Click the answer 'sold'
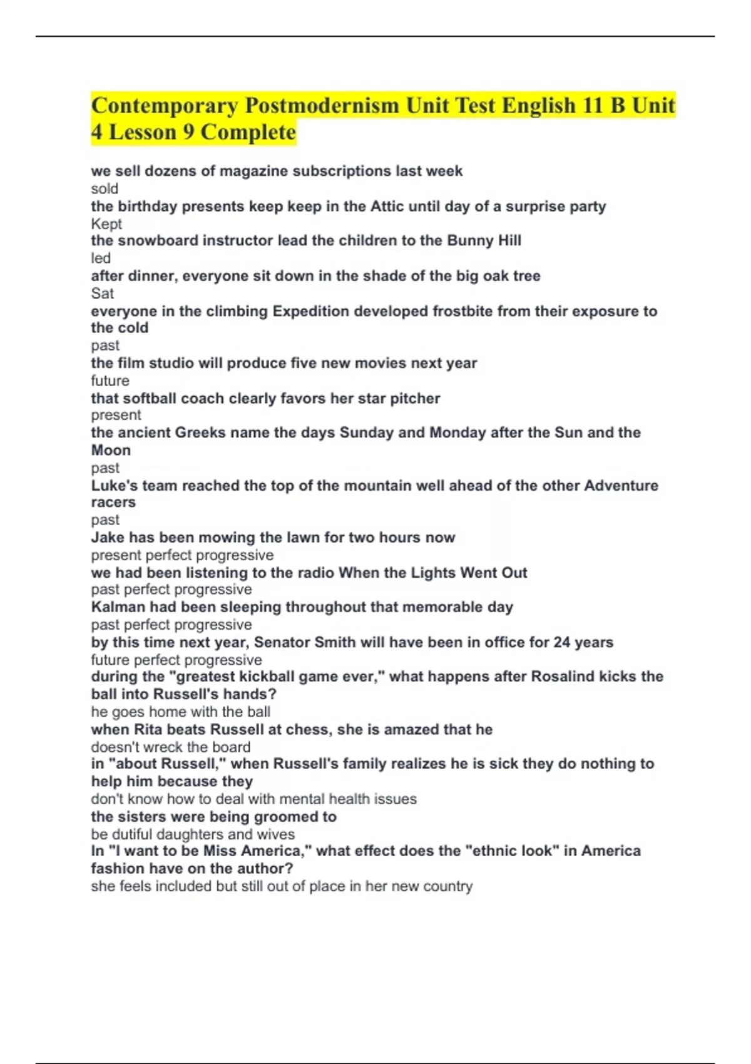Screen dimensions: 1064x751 click(x=105, y=188)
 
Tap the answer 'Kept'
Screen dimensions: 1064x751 click(x=106, y=223)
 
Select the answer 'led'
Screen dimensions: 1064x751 click(x=101, y=258)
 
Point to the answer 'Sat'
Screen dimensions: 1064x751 click(x=103, y=293)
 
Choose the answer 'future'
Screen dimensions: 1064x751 click(x=110, y=381)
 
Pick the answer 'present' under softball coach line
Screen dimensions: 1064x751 click(x=116, y=415)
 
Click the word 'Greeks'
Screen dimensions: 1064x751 click(x=200, y=432)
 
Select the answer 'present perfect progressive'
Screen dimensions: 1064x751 click(x=182, y=555)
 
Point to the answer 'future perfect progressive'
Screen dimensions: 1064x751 click(x=176, y=660)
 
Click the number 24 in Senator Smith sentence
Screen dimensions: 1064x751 click(x=562, y=642)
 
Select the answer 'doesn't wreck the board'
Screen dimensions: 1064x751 click(x=171, y=747)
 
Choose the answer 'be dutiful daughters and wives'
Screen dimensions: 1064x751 click(x=193, y=834)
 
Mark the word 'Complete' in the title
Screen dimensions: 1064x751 click(x=248, y=133)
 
